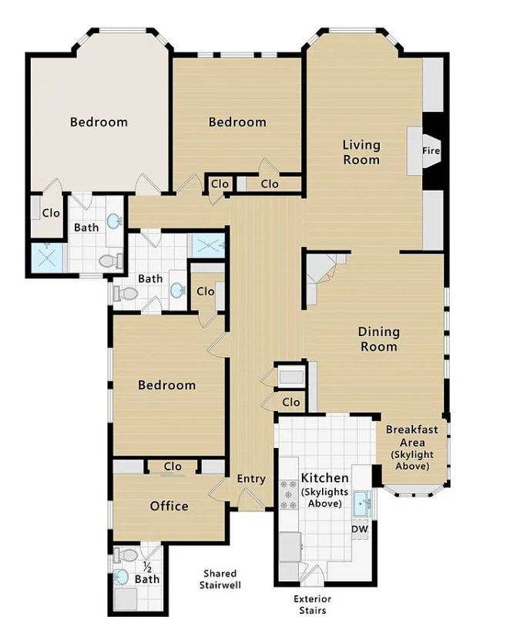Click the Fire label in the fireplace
(x=431, y=150)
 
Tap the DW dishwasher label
(x=360, y=530)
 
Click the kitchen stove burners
(x=289, y=495)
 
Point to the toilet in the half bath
(x=126, y=555)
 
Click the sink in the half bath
(x=120, y=578)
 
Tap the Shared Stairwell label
(x=220, y=579)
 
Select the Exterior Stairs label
(x=313, y=605)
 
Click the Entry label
(x=251, y=479)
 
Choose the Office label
(x=170, y=506)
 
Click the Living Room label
(x=361, y=152)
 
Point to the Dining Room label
(x=379, y=339)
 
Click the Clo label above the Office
(x=173, y=467)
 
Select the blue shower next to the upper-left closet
(x=48, y=258)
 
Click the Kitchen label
(x=324, y=477)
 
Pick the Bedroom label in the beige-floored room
(x=99, y=122)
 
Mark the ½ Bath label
(x=147, y=573)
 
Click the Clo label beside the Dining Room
(x=291, y=402)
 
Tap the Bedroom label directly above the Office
(x=167, y=385)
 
